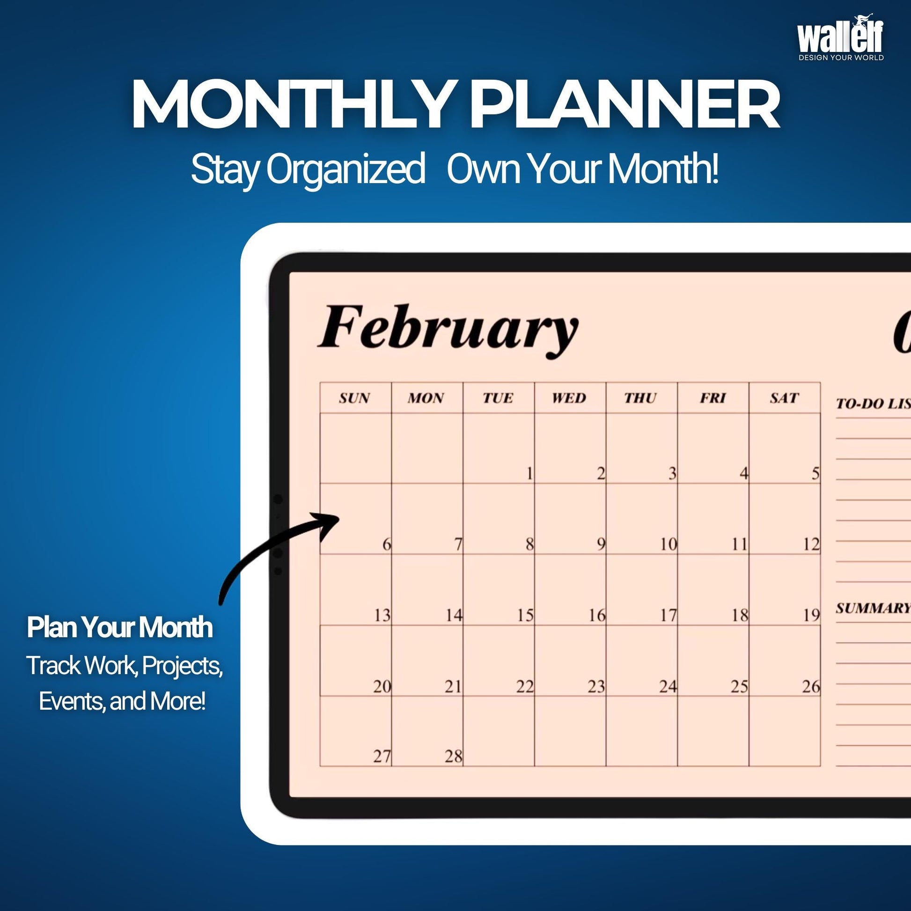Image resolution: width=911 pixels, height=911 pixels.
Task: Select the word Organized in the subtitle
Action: coord(345,170)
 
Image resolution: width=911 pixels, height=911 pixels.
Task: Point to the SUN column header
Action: coord(354,398)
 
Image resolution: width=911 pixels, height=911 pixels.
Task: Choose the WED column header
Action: coord(569,398)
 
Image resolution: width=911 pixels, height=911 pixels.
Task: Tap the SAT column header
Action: coord(784,398)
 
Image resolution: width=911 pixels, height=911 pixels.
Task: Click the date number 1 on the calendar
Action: coord(529,473)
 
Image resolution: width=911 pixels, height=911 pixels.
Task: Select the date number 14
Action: coord(454,615)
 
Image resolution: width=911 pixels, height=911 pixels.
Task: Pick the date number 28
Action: coord(454,757)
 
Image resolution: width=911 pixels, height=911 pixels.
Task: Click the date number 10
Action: coord(669,544)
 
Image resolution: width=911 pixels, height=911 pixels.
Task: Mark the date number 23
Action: coord(596,686)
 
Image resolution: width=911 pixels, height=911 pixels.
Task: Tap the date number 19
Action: coord(811,615)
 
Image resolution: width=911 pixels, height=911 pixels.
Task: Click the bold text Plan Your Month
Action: coord(120,628)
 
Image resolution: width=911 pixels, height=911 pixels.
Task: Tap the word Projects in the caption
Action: coord(182,666)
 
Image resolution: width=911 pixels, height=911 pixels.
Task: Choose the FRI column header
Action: coord(713,398)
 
